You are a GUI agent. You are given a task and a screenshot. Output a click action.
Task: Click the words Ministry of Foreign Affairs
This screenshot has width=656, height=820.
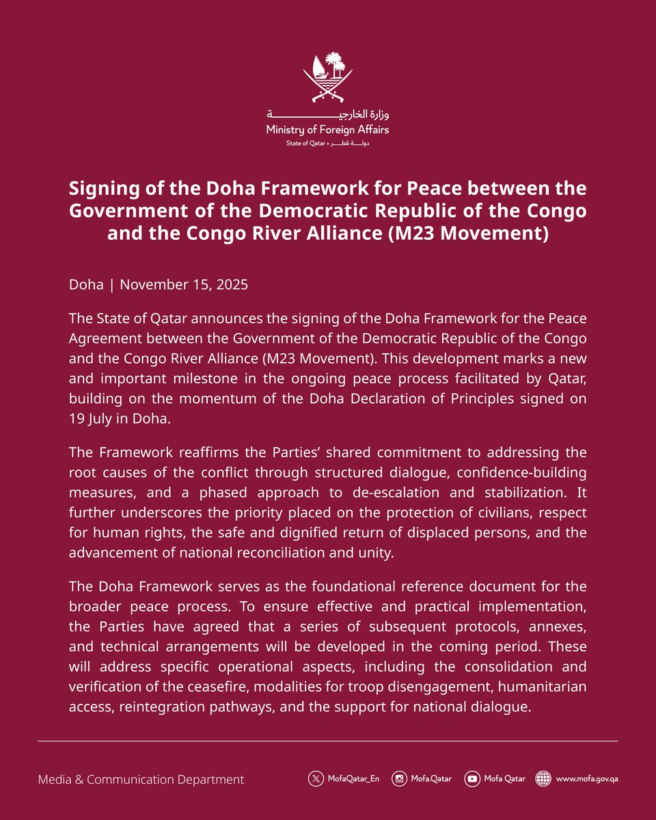click(x=328, y=129)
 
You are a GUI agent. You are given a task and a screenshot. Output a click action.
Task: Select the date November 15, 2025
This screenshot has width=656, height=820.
click(x=183, y=284)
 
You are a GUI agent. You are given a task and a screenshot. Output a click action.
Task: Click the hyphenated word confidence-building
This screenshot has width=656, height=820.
click(x=519, y=473)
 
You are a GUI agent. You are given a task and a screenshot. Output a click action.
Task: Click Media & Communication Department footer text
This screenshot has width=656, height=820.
click(x=141, y=779)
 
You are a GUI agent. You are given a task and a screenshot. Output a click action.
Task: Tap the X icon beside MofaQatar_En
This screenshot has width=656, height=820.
click(x=315, y=779)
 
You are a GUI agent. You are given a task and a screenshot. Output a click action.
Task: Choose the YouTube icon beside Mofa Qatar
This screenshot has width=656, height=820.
click(x=471, y=779)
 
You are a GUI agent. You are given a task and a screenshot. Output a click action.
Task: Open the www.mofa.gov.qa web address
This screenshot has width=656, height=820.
click(x=587, y=779)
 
